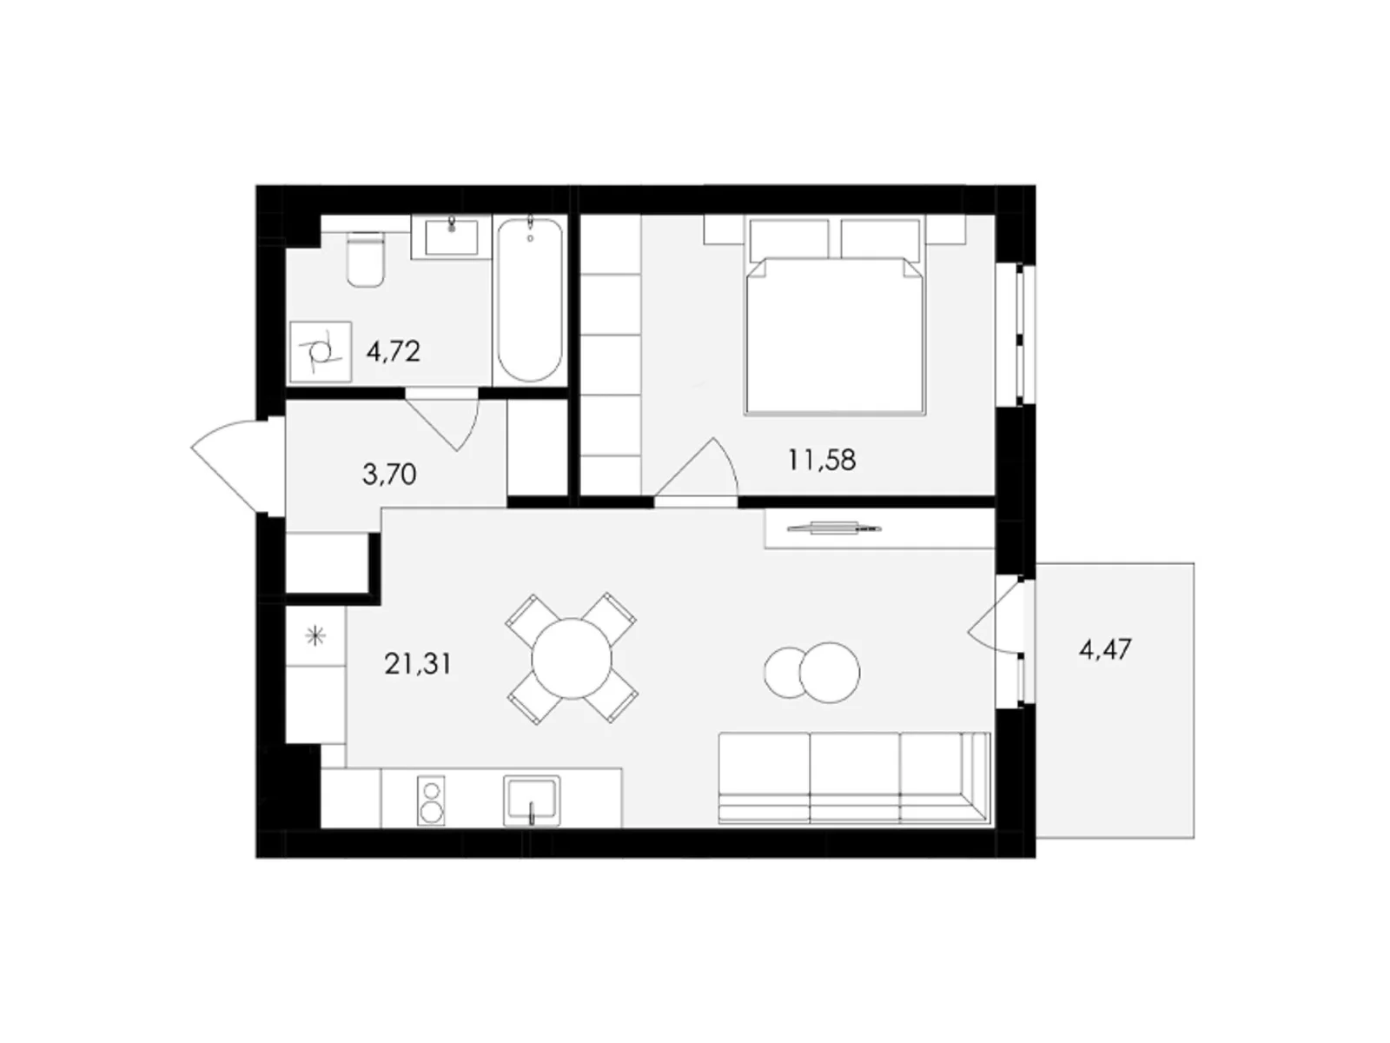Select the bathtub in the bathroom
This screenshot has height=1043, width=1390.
529,300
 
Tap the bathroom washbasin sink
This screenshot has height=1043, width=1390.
451,236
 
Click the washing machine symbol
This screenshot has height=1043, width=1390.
321,351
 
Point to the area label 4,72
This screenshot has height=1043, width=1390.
394,351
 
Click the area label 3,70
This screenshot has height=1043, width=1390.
389,474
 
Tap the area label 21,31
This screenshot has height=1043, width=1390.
418,664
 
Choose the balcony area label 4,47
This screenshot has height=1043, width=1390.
1106,649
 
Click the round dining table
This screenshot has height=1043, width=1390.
571,659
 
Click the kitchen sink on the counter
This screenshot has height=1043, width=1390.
532,801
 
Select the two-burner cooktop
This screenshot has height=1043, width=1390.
431,801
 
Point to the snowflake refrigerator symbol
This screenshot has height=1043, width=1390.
314,636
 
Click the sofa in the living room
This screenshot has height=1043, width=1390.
854,778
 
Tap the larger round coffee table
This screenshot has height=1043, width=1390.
829,673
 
